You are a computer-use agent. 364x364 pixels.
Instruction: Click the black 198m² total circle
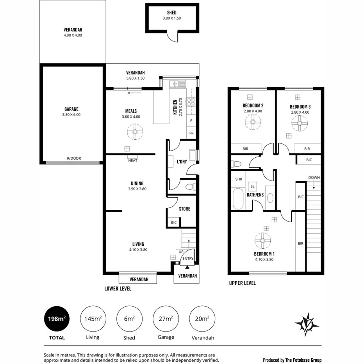[x=56, y=319]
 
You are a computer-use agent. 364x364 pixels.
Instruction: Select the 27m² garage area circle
[x=166, y=319]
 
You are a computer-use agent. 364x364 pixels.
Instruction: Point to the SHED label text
[x=172, y=12]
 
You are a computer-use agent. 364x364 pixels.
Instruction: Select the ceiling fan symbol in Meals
[x=135, y=132]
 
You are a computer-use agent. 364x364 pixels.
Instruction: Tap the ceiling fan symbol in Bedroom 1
[x=262, y=241]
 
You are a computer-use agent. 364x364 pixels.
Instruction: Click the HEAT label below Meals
[x=132, y=161]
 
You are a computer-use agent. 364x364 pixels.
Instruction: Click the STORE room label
[x=184, y=209]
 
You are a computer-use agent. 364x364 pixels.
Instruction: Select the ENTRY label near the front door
[x=188, y=259]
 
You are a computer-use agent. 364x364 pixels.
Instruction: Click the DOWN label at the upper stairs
[x=314, y=177]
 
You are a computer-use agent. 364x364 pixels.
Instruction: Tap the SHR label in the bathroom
[x=239, y=179]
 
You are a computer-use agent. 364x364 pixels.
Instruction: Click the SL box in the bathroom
[x=253, y=186]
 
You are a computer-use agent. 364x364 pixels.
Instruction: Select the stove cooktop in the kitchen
[x=191, y=102]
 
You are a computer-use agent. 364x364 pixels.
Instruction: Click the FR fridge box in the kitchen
[x=191, y=133]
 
